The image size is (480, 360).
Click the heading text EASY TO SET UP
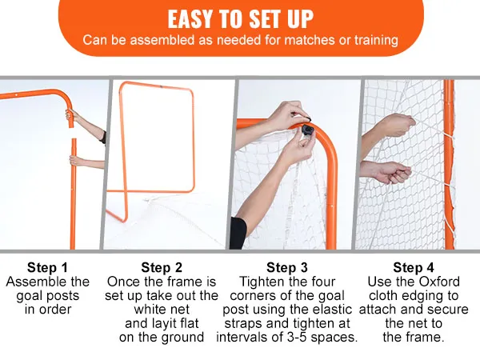[240, 19]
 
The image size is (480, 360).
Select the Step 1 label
[47, 267]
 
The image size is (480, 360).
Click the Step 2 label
[162, 267]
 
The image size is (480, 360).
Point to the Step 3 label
[287, 267]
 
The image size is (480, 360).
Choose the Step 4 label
[414, 267]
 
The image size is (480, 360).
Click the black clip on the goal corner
[307, 129]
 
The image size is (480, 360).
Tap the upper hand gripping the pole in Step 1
[71, 115]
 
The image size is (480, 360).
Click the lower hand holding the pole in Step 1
[75, 161]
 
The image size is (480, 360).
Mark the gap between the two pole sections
[73, 133]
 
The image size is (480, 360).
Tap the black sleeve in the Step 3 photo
[238, 234]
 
